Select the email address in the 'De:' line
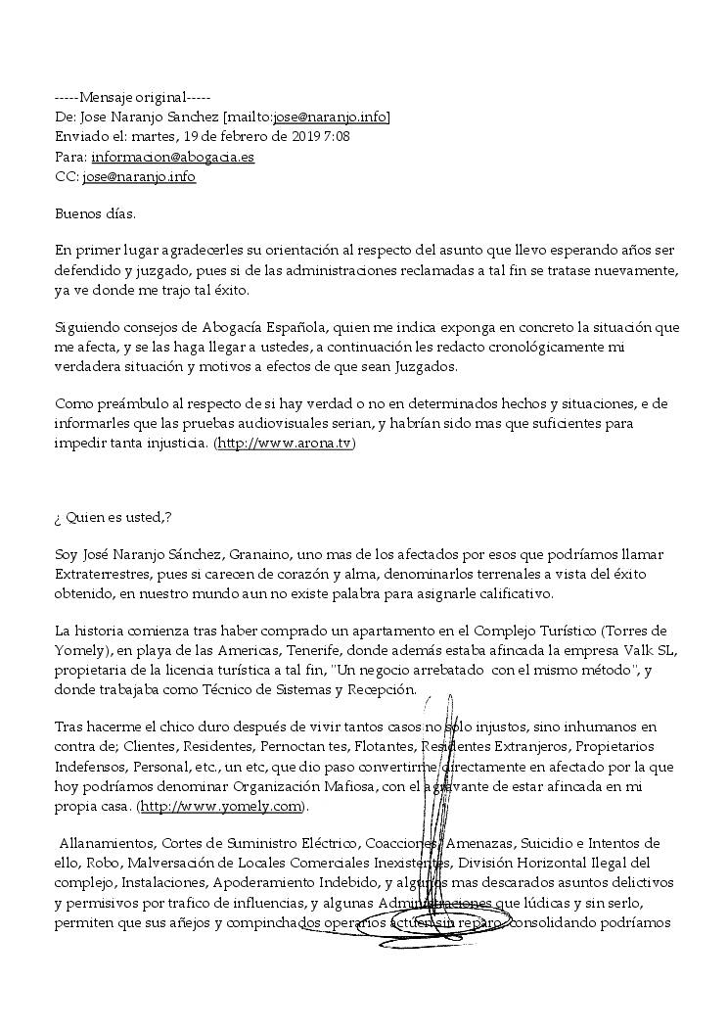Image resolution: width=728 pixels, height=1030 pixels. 330,117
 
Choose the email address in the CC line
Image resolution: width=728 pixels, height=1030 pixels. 139,176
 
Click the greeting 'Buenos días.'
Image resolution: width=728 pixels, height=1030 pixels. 95,211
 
